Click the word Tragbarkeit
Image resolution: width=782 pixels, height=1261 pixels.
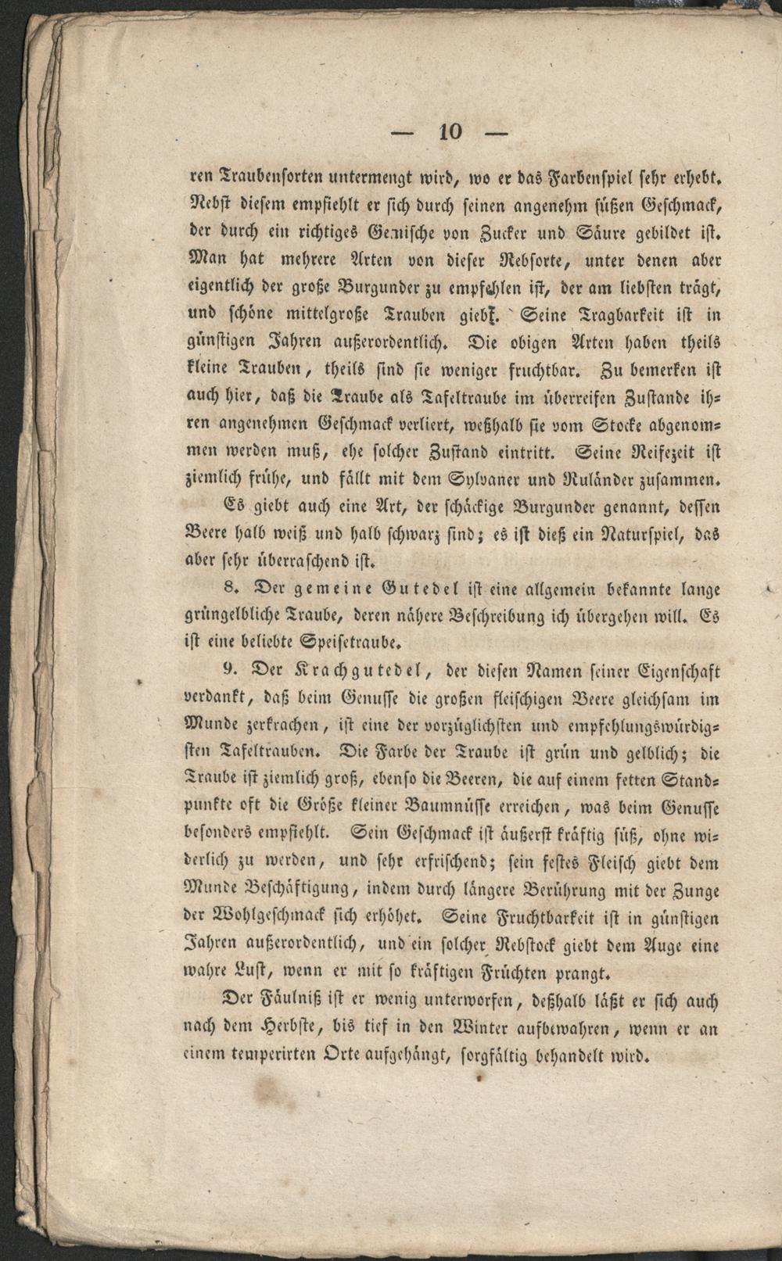(628, 316)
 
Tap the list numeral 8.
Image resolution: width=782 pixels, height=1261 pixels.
(228, 589)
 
